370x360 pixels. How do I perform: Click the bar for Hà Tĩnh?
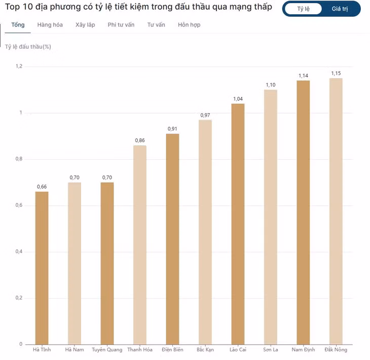point(42,268)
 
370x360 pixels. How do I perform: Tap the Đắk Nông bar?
point(336,211)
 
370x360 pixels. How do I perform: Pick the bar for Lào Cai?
point(238,224)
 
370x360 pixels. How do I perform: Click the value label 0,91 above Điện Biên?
point(172,129)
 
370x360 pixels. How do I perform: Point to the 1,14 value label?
point(303,76)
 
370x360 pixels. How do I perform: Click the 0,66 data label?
point(42,187)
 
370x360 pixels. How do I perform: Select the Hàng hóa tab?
point(50,25)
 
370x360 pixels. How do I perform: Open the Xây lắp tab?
point(85,25)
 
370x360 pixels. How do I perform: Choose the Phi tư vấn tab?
point(121,25)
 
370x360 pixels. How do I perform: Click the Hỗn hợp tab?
point(189,25)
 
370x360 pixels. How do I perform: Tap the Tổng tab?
point(18,25)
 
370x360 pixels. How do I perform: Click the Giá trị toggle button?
point(340,9)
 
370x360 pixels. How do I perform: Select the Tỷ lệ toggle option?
point(303,9)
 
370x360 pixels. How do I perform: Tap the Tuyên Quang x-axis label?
point(107,350)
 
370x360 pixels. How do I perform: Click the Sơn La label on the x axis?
point(271,350)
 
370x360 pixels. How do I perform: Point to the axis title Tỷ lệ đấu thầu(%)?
point(28,47)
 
